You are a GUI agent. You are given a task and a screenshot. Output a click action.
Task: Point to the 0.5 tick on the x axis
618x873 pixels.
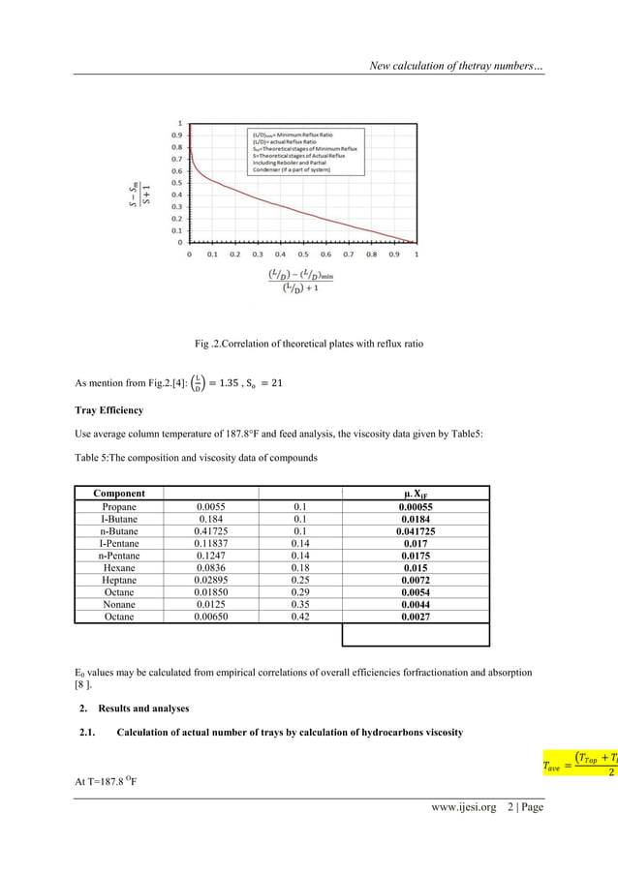tap(302, 255)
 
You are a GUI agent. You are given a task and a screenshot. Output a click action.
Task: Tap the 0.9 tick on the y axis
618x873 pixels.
tap(177, 135)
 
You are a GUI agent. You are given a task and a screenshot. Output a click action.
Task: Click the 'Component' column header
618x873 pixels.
tap(119, 493)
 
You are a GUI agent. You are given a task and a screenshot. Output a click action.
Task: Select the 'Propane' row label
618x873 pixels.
tap(119, 506)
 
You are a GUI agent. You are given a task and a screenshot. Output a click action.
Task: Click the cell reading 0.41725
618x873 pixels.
tap(212, 532)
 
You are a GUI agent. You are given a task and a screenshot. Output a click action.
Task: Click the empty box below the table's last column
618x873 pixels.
tap(417, 635)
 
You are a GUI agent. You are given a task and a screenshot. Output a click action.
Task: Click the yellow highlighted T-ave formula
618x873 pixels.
tap(579, 764)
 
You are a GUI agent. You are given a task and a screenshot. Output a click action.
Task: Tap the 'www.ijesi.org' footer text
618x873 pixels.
tap(461, 806)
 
